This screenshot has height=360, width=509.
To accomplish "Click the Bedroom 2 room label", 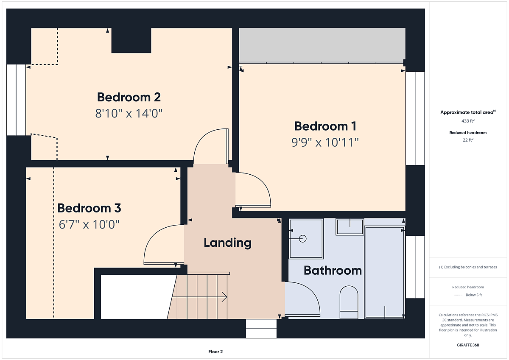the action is point(129,97).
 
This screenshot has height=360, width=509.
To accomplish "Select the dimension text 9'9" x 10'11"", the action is point(325,142).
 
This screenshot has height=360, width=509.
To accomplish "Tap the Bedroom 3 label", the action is point(89,208).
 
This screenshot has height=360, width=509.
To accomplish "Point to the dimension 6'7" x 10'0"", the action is point(89,225).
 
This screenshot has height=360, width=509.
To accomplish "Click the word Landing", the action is point(227,243).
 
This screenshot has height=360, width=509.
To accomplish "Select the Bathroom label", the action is point(333,271).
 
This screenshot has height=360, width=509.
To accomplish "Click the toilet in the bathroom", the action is point(349,302).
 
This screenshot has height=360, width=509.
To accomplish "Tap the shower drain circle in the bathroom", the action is point(303,239).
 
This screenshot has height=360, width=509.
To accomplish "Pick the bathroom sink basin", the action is point(350,227).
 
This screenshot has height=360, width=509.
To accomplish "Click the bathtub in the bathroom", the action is point(384,272).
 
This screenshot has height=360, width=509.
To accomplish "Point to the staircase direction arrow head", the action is point(224,297).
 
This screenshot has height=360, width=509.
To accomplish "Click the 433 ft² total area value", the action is point(468,121).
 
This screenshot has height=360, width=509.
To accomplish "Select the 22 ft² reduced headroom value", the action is point(468,140).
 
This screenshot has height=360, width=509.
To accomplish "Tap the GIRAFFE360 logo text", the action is point(468,345).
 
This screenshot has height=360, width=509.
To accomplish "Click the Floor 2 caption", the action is point(215,352).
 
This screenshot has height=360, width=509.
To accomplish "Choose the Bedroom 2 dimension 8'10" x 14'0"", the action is point(129,114).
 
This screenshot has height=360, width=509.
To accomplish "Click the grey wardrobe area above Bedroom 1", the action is point(322,45).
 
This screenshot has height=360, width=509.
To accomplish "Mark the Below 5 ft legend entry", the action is point(474,295).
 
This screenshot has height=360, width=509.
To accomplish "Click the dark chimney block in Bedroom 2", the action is point(131,40).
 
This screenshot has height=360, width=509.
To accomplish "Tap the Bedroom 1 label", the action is point(325,126).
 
